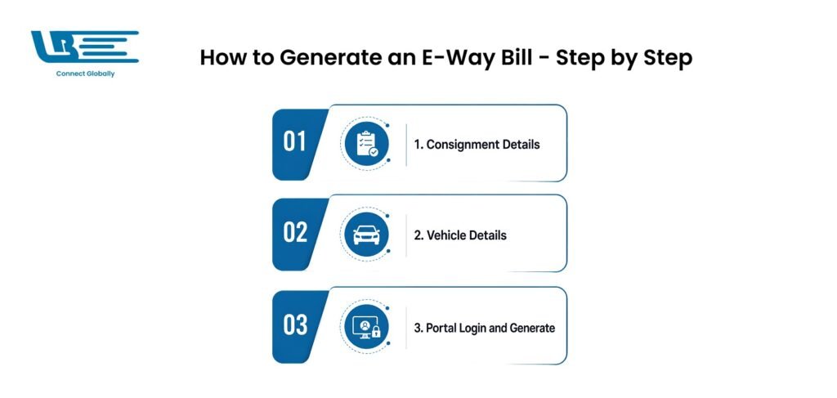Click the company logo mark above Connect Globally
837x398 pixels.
(84, 47)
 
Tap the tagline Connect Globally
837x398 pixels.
(85, 74)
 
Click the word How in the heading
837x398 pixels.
(222, 58)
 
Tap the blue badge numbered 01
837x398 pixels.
(297, 145)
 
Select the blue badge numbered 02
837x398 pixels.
(297, 235)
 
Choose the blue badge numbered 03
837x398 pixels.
(297, 326)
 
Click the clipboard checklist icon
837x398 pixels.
(367, 144)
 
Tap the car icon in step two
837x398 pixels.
(367, 235)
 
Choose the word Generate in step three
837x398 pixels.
(532, 328)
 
